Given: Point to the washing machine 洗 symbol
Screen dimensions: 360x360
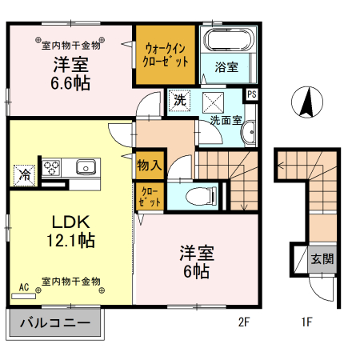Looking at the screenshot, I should (x=181, y=101).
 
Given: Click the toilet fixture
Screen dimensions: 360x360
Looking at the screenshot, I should (x=201, y=194).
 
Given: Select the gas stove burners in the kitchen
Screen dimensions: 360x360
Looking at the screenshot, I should (x=54, y=168).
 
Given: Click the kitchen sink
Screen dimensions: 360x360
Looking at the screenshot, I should (x=86, y=168).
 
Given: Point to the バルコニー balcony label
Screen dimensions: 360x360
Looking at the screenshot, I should (x=55, y=325).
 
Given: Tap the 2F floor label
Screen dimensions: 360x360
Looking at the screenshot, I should (x=245, y=323).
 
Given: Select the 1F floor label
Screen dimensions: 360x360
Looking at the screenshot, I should (x=306, y=323).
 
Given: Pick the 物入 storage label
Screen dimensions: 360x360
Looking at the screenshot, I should (x=150, y=166).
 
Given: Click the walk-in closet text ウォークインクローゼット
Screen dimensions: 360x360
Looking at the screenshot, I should (x=166, y=54).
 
